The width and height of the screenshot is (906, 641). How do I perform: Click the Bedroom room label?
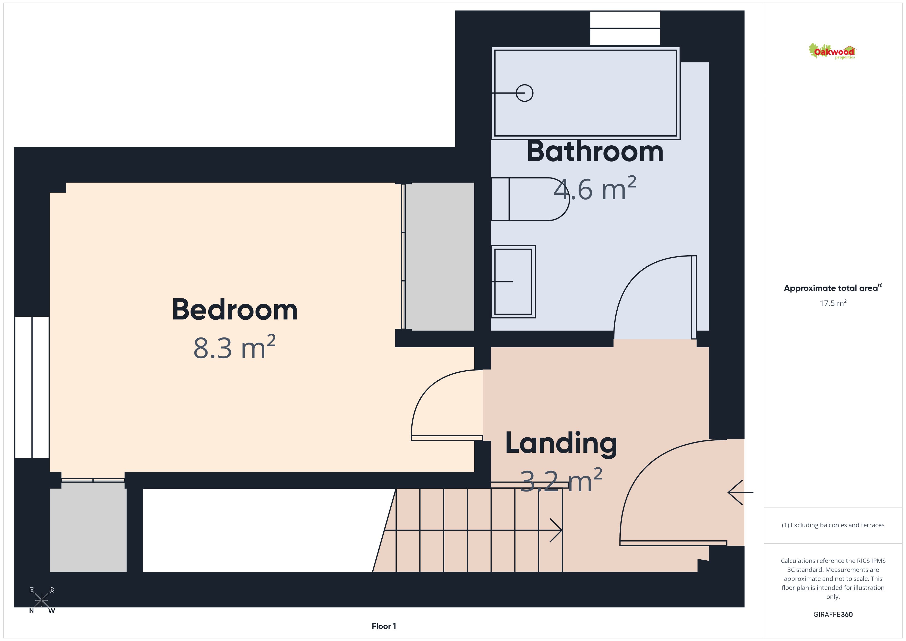(235, 310)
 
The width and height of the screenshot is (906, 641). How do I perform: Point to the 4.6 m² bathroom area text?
(595, 189)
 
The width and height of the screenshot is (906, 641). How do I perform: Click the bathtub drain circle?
(524, 93)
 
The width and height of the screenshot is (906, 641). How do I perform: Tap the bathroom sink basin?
(513, 281)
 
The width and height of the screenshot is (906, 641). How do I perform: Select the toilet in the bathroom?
(530, 199)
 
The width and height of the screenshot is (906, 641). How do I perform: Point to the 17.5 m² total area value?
(833, 303)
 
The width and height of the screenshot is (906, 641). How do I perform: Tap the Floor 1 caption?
(384, 626)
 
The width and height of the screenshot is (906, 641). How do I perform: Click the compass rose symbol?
(41, 600)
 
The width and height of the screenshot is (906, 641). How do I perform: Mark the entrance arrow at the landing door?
(740, 492)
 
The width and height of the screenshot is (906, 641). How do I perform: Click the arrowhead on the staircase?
(556, 530)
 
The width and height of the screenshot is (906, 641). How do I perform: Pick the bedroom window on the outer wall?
(32, 387)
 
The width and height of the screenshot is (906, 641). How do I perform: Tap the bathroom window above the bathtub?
(625, 28)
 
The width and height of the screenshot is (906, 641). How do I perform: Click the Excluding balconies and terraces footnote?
(833, 525)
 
